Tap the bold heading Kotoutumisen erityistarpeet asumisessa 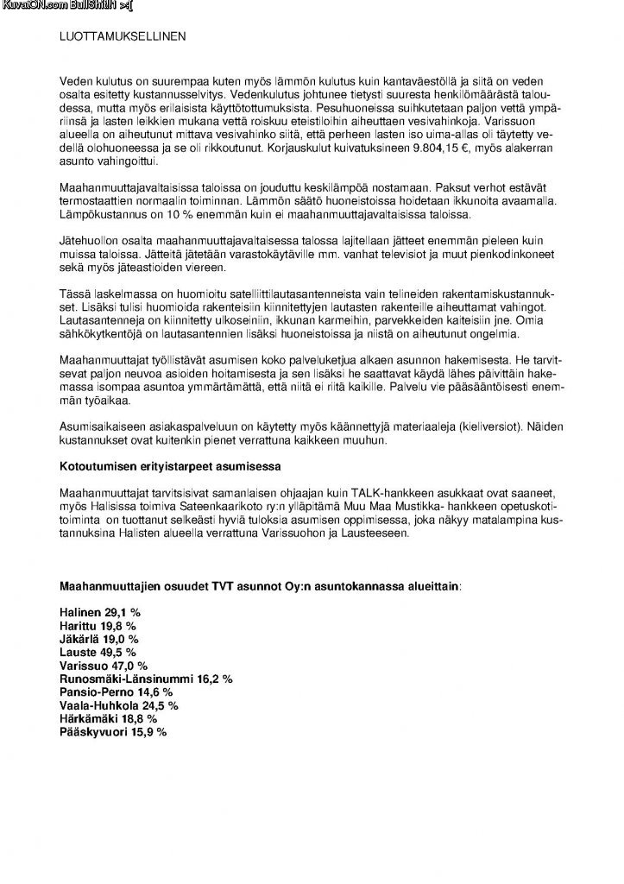(164, 467)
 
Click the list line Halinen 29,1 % (100, 611)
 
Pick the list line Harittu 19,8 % (98, 625)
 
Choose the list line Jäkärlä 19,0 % (98, 639)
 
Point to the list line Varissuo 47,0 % (103, 666)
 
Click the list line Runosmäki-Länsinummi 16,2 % (145, 679)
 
